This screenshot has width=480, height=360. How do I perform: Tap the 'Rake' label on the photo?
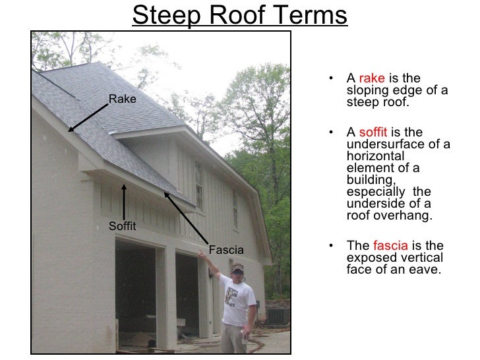click(x=122, y=100)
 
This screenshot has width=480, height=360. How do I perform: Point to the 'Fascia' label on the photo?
click(x=226, y=250)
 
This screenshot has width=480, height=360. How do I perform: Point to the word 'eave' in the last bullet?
click(x=425, y=269)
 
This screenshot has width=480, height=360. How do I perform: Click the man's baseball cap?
click(x=237, y=268)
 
